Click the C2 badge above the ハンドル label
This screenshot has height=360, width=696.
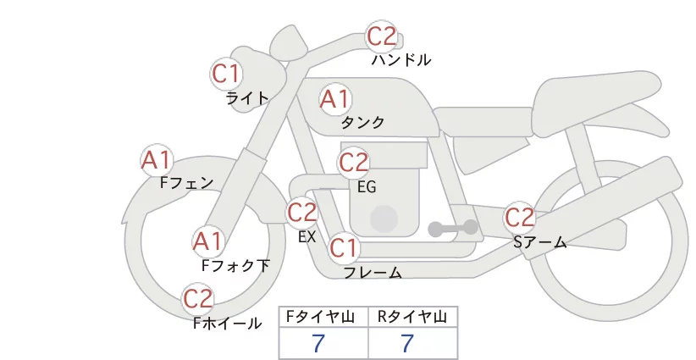(x=381, y=36)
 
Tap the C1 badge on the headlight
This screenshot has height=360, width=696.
(x=226, y=74)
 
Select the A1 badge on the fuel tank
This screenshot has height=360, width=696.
(x=335, y=99)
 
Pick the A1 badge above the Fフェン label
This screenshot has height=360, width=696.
(x=157, y=160)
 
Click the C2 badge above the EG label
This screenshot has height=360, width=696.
(x=353, y=163)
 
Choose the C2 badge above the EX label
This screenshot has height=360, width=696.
(x=301, y=212)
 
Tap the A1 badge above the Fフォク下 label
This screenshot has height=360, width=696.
(x=207, y=242)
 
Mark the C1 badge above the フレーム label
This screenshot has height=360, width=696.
(x=344, y=247)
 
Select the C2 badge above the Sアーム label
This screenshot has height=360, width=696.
(x=519, y=218)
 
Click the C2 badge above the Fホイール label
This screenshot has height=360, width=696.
(x=198, y=299)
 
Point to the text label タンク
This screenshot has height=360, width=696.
(x=362, y=122)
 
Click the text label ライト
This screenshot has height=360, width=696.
(x=247, y=97)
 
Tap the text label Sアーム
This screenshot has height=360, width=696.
(x=540, y=242)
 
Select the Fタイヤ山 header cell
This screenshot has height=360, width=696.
(x=323, y=317)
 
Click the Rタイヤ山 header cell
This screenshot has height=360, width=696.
(x=413, y=317)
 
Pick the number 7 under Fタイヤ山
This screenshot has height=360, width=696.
(x=318, y=343)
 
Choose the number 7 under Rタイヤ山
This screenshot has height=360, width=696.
(x=407, y=343)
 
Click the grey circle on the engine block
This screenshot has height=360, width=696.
(x=384, y=219)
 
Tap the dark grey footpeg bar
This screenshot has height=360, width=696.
(x=453, y=228)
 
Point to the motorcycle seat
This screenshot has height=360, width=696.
(x=594, y=100)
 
